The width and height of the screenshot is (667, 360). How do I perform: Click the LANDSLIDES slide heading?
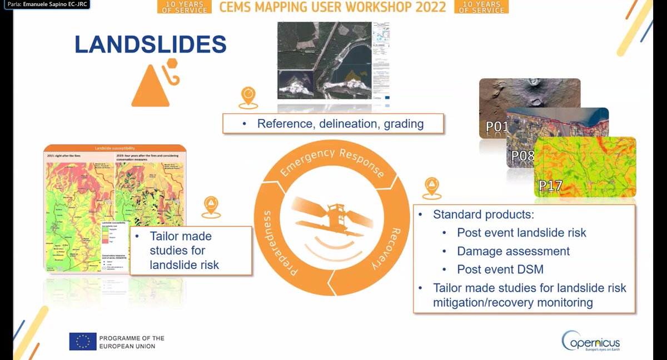pos(150,44)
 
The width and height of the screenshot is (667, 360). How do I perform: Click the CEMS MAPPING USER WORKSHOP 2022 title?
pos(332,7)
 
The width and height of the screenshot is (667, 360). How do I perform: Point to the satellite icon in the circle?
pos(332,218)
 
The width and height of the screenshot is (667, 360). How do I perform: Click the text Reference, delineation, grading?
pos(340,123)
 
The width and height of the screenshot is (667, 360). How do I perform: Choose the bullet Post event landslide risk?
pos(521,233)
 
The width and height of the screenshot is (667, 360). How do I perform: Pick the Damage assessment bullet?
pos(513,251)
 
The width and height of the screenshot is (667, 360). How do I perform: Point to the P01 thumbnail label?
pos(496,127)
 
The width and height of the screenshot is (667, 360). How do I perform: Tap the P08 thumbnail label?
pos(522,156)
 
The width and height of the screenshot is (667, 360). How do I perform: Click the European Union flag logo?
pos(83,342)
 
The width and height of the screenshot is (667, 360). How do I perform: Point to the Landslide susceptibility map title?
pos(115,148)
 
